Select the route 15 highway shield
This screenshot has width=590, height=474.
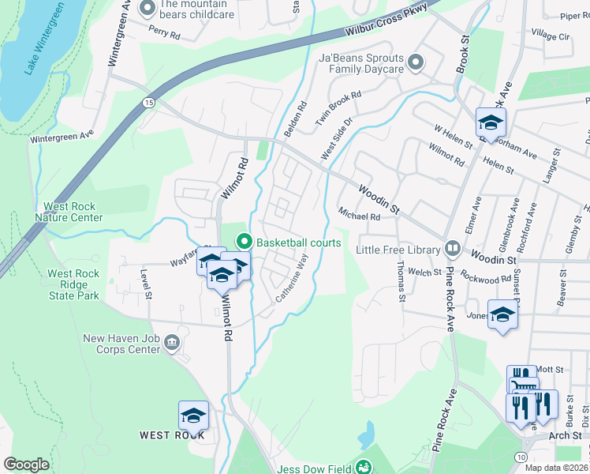[148, 103]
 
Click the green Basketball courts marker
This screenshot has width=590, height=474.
[244, 242]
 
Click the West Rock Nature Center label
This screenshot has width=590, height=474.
[73, 212]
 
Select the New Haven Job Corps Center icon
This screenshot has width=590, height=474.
[173, 343]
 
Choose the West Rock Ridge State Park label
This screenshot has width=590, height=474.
[73, 284]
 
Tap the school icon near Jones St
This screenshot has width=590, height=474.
[502, 314]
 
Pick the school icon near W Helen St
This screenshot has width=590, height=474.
[490, 123]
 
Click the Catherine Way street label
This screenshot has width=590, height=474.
[290, 277]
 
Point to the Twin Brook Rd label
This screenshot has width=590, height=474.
[338, 105]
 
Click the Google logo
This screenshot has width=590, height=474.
[26, 465]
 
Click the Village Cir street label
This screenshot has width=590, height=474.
[551, 36]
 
